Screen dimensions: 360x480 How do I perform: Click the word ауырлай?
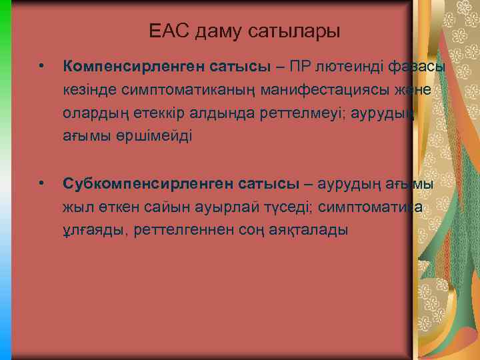[213, 206]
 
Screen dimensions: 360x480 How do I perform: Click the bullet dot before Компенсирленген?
[41, 67]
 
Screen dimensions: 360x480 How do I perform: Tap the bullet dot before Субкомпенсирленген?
[41, 183]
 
